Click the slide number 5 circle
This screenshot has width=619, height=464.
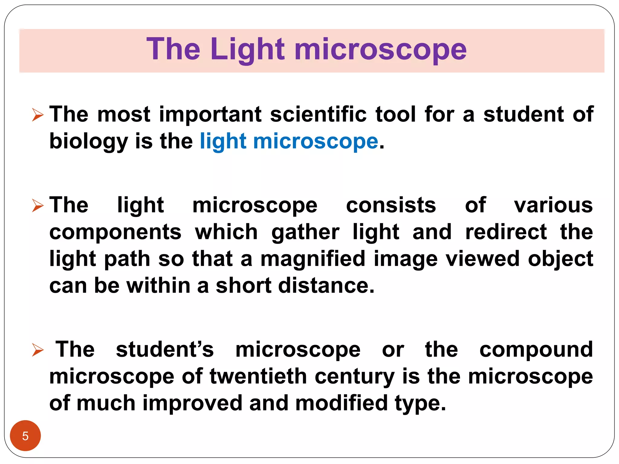pos(25,436)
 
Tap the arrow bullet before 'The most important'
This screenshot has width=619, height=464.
pos(38,115)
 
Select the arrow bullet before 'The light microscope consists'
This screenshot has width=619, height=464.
pos(38,206)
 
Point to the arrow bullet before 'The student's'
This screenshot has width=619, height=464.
pos(38,350)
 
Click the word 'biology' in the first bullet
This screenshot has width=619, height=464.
pos(89,141)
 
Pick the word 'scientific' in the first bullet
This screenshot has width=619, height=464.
pos(318,114)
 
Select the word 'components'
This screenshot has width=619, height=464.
pos(115,232)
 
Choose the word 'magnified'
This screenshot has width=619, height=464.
pos(313,259)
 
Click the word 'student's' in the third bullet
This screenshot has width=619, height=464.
pos(165,350)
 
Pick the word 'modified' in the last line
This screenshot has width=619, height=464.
pos(341,403)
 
